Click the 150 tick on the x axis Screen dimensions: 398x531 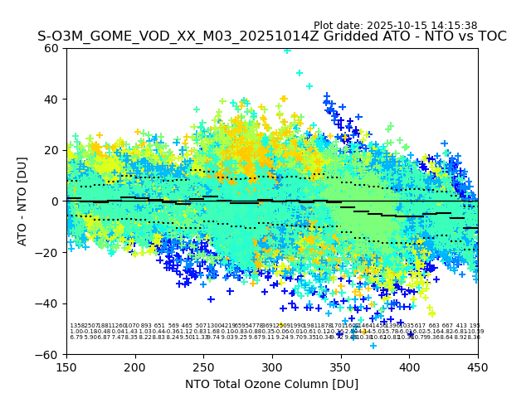[66, 366]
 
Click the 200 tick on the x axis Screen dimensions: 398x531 [135, 366]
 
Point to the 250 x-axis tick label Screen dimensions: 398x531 [204, 366]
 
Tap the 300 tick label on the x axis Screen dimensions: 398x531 [272, 366]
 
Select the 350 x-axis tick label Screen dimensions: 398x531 [341, 366]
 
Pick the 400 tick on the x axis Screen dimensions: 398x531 [409, 366]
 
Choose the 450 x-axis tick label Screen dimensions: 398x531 [478, 366]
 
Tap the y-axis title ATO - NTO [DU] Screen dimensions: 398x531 [22, 201]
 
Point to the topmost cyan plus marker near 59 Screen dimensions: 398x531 [287, 50]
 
